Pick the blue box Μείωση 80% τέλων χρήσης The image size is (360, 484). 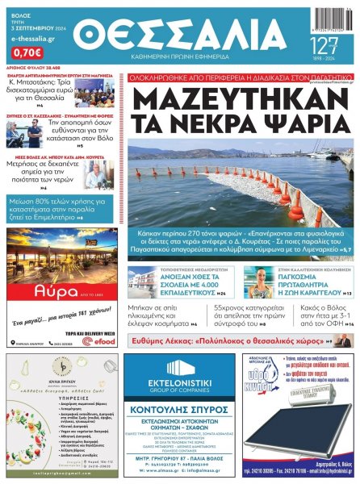click(61, 207)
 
